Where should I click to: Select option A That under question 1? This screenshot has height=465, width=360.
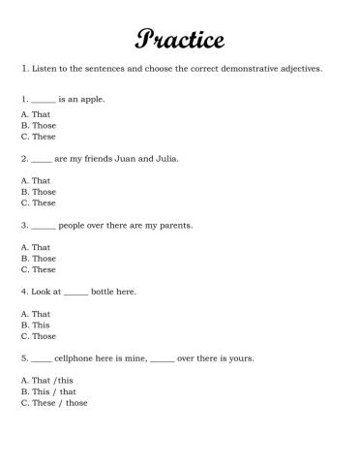(x=35, y=114)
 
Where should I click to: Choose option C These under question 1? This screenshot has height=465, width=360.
(x=38, y=136)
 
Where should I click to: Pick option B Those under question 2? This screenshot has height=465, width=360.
(x=38, y=192)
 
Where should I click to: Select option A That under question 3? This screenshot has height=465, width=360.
(x=35, y=247)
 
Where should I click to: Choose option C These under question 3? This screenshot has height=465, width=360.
(x=38, y=269)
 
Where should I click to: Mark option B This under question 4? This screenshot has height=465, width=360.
(x=35, y=325)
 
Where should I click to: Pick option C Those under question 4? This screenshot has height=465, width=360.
(x=38, y=336)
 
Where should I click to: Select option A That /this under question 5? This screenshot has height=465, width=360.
(x=46, y=381)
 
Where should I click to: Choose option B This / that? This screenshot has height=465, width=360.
(x=47, y=391)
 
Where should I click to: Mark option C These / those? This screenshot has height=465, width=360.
(x=53, y=403)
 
